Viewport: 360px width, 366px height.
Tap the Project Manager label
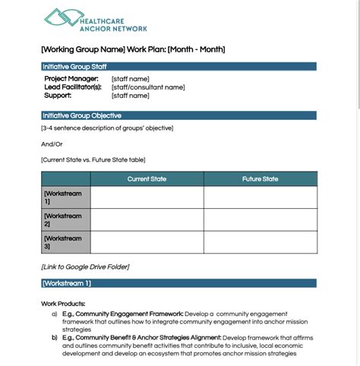[x=71, y=78]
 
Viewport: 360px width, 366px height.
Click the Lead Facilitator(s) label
[x=73, y=87]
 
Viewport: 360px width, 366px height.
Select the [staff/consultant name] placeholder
[x=147, y=87]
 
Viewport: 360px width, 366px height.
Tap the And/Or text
[x=52, y=144]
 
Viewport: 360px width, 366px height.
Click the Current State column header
[x=147, y=179]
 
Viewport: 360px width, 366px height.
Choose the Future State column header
[x=260, y=179]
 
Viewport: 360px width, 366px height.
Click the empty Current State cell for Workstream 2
[x=147, y=219]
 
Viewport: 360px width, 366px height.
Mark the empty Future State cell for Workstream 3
[x=260, y=242]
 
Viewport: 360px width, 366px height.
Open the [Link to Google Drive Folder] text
[x=85, y=267]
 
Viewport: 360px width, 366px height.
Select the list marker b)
[x=54, y=337]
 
